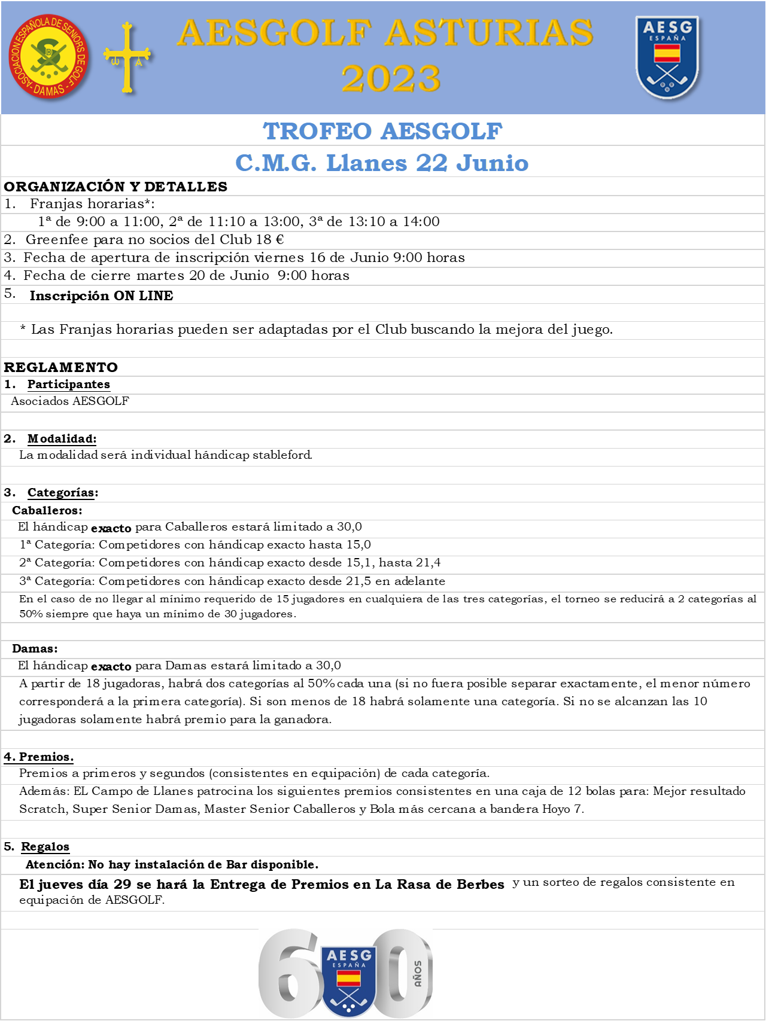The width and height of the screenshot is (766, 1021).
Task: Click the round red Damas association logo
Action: tap(49, 57)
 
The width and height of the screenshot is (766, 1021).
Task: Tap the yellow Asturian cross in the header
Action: tap(127, 58)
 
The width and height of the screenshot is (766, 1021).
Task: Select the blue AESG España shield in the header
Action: tap(667, 57)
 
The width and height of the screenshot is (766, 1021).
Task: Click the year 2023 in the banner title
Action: tap(391, 79)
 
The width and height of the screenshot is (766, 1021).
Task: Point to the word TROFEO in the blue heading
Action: tap(317, 131)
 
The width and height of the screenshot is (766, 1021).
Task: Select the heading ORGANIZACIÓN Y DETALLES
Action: tap(115, 187)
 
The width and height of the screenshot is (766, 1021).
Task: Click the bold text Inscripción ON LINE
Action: tap(102, 296)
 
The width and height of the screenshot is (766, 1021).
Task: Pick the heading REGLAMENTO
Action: tap(61, 367)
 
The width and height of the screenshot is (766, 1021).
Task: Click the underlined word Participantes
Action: tap(69, 384)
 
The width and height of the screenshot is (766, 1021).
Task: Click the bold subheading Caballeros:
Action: tap(47, 510)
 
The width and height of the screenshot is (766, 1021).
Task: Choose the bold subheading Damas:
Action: tap(35, 648)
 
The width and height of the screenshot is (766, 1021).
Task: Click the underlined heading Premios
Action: tap(46, 757)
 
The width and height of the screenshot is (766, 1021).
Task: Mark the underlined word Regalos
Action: tap(45, 846)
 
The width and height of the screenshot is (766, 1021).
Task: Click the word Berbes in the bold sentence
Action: tap(481, 884)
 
